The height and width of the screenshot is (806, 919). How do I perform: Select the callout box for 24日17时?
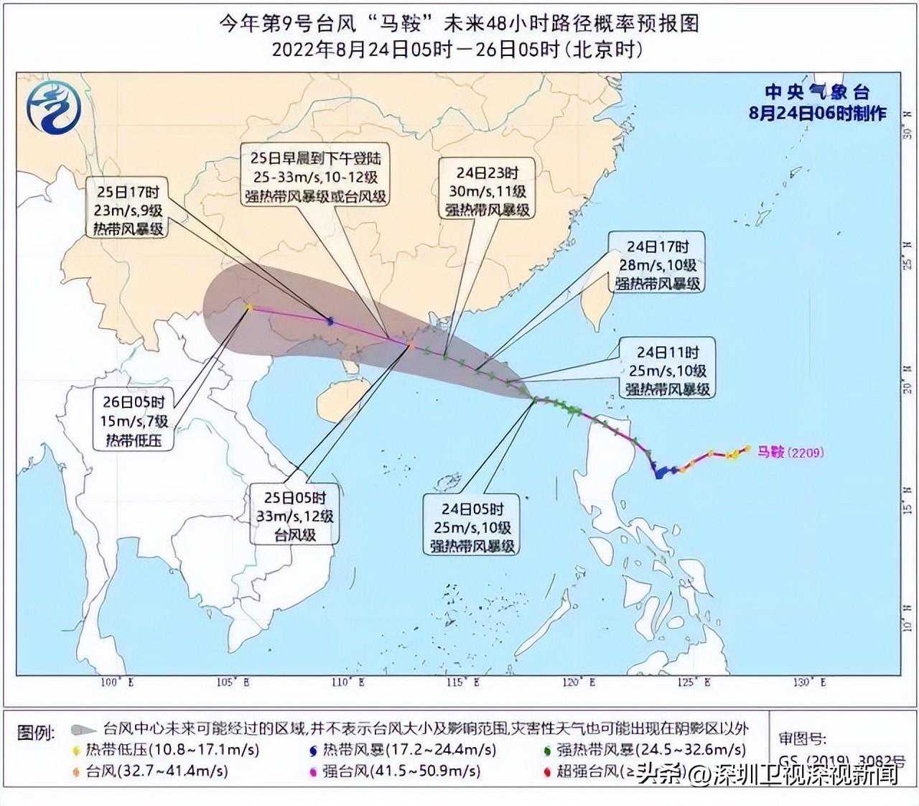point(657,264)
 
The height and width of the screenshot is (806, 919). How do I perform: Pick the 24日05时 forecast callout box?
point(472,527)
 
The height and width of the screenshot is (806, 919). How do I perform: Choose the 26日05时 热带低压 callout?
point(134,420)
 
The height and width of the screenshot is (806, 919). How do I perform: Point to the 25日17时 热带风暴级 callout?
point(127,210)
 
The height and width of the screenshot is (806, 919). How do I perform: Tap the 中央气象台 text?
point(816,92)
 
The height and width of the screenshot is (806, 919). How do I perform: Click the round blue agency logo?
point(54,108)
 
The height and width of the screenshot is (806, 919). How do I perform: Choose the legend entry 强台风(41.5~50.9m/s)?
point(400,772)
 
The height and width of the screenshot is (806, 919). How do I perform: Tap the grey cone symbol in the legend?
point(83,730)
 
